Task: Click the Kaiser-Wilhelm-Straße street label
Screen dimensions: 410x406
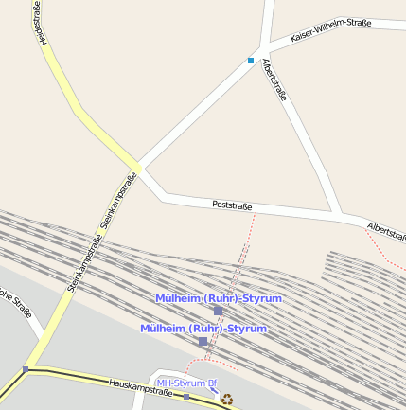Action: (x=330, y=29)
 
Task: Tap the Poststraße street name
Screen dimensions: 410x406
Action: (x=232, y=205)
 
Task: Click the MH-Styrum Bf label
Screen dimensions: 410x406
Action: (x=186, y=383)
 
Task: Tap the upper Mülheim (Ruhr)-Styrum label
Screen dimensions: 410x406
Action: (x=219, y=298)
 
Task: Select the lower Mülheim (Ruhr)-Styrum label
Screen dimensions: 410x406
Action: (x=203, y=329)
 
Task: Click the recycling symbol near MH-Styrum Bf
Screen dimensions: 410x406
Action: (x=227, y=399)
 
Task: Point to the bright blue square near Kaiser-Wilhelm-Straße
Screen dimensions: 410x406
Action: (x=251, y=61)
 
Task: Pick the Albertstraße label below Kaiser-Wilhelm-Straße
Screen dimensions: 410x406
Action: (x=274, y=80)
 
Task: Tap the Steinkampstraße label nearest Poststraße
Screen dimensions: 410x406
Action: (x=119, y=201)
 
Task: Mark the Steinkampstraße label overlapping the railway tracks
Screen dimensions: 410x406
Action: (x=84, y=266)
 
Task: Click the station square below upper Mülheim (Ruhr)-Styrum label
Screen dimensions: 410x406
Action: (x=218, y=311)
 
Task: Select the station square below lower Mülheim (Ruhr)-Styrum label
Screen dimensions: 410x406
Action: (x=203, y=341)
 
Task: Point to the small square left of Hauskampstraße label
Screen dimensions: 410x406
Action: (x=26, y=369)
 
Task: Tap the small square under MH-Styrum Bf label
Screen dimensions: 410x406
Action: (x=186, y=397)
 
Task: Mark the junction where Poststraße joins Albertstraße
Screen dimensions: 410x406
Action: (x=340, y=214)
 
